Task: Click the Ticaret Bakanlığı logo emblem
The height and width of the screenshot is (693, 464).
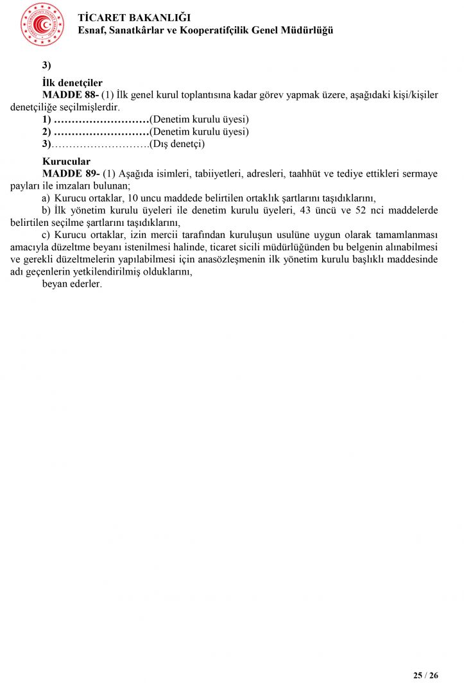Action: click(x=42, y=24)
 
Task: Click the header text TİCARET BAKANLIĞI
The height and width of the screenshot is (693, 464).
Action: click(x=134, y=18)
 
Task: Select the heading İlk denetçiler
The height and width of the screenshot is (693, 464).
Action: click(x=73, y=83)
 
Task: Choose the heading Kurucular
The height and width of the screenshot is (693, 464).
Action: click(x=66, y=162)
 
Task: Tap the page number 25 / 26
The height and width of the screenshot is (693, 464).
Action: click(x=425, y=676)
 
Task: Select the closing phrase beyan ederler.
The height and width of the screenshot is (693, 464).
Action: click(x=72, y=284)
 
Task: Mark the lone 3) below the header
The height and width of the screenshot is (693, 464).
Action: click(x=46, y=65)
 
